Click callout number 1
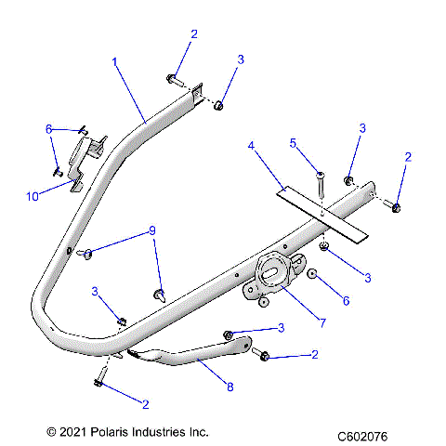pyautogui.click(x=114, y=62)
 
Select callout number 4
pyautogui.click(x=250, y=146)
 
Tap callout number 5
pyautogui.click(x=292, y=143)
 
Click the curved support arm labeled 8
pyautogui.click(x=195, y=357)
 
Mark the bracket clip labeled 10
pyautogui.click(x=89, y=153)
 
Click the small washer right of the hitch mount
pyautogui.click(x=313, y=275)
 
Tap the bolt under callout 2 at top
pyautogui.click(x=175, y=79)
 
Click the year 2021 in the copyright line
pyautogui.click(x=63, y=432)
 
